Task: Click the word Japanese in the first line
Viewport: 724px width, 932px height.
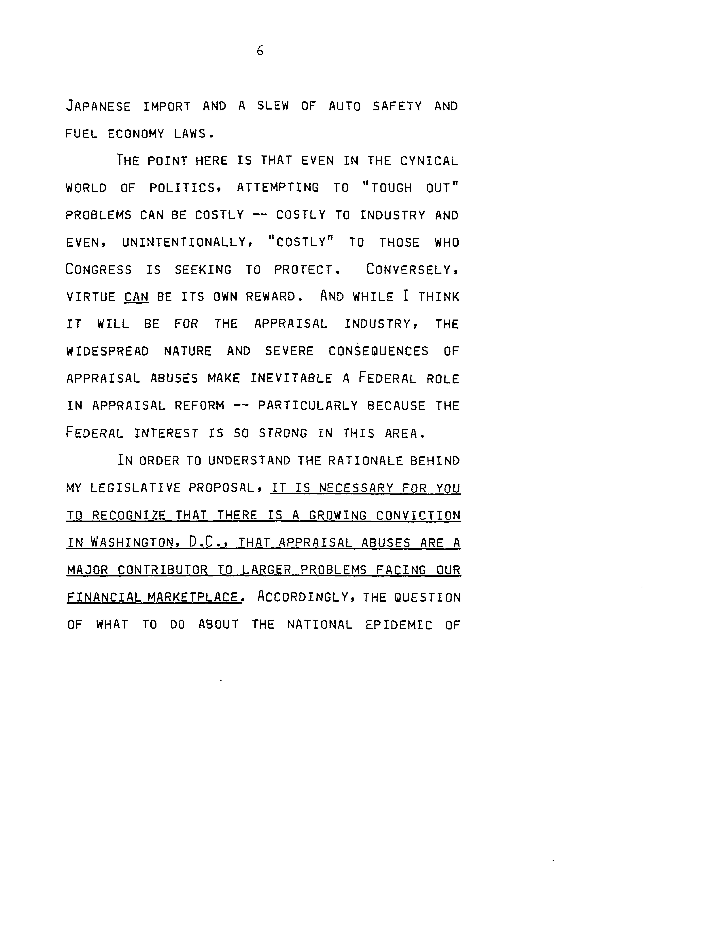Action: point(98,106)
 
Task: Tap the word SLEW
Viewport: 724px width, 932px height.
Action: point(273,106)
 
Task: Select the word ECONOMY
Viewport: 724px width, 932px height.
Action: point(136,134)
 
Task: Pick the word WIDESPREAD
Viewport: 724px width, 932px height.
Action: point(107,351)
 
